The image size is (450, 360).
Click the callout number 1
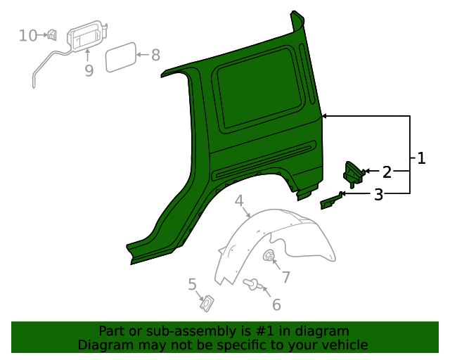click(421, 158)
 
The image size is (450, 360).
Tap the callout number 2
click(386, 172)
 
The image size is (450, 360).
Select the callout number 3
click(378, 195)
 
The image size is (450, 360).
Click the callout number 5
click(192, 284)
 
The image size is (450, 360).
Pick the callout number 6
click(276, 304)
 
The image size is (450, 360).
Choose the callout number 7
click(285, 277)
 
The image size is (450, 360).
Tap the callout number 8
click(155, 54)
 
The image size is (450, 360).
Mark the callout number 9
click(89, 70)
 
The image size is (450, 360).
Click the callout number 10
click(28, 35)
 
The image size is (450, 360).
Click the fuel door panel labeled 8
click(120, 57)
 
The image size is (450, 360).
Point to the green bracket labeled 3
click(330, 202)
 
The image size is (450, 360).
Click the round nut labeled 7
click(269, 257)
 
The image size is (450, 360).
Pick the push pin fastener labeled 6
click(252, 284)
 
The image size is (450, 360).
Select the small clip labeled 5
click(207, 303)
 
